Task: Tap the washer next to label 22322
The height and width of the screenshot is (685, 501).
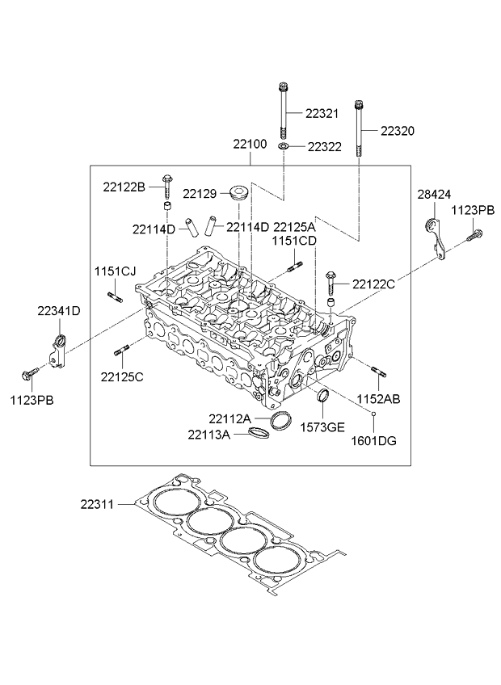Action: click(284, 147)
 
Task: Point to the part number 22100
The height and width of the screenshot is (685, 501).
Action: click(250, 144)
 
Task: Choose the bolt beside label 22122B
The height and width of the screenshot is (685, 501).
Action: click(166, 185)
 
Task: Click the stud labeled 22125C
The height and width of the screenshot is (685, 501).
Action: click(124, 351)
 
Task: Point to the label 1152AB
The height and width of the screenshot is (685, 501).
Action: click(379, 399)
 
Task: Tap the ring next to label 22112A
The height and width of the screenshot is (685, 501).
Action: click(280, 420)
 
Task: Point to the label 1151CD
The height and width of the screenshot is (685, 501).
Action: click(293, 241)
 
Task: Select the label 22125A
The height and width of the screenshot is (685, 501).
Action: click(293, 227)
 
